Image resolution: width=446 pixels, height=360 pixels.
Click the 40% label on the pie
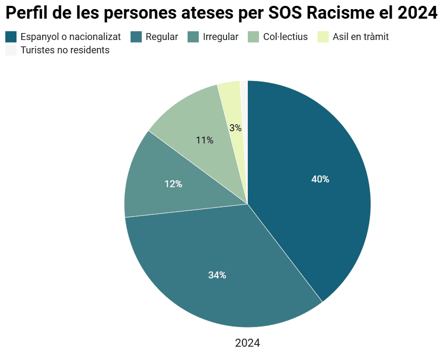[320, 179]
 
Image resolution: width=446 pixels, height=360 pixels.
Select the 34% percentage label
[217, 275]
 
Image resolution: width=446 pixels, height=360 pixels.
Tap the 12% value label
[173, 184]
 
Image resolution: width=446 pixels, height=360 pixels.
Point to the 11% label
[205, 140]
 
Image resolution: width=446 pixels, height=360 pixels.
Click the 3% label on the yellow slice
[236, 128]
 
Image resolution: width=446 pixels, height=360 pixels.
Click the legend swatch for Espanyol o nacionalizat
[11, 37]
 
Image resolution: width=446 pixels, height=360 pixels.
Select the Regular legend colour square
[136, 37]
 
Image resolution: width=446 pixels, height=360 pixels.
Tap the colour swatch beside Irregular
[193, 37]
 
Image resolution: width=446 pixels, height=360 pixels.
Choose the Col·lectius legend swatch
[254, 37]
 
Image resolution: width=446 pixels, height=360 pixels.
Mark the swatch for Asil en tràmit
[323, 37]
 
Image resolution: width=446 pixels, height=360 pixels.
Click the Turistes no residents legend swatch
[11, 50]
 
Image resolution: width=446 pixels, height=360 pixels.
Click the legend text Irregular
[221, 37]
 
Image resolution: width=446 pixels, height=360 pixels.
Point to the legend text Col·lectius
[285, 37]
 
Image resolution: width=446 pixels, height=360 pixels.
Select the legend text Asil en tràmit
[360, 37]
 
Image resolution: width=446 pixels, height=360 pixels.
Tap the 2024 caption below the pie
[247, 343]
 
